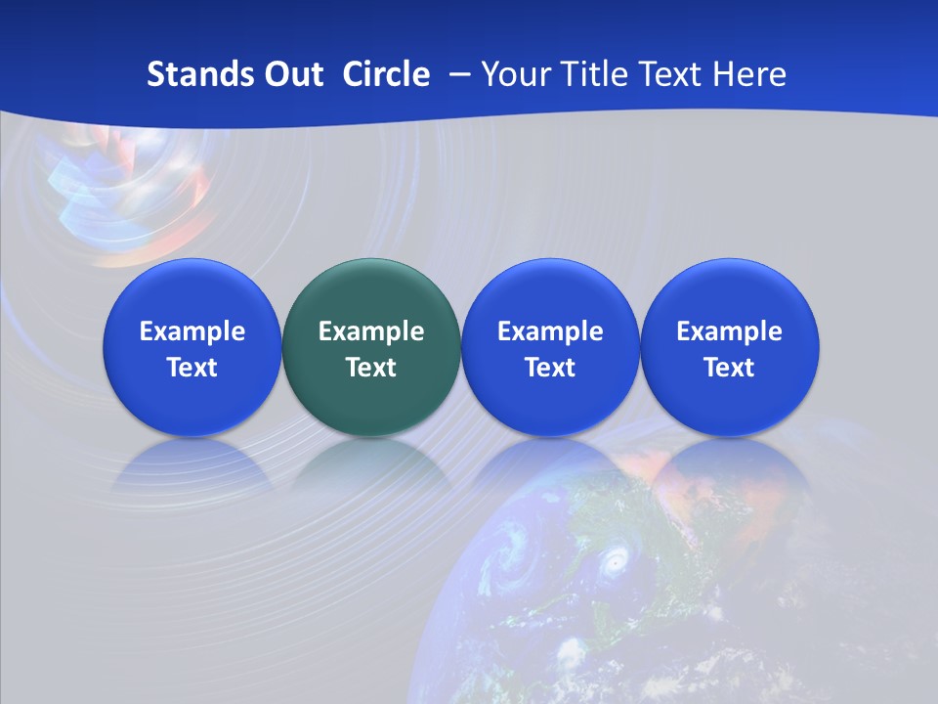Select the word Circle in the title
pyautogui.click(x=386, y=74)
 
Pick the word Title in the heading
pyautogui.click(x=593, y=74)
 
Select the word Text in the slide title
pyautogui.click(x=670, y=74)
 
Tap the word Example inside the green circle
pyautogui.click(x=371, y=331)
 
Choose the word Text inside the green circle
pyautogui.click(x=371, y=368)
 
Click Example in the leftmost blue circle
pyautogui.click(x=192, y=331)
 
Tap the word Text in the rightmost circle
pyautogui.click(x=730, y=368)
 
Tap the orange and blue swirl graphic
pyautogui.click(x=127, y=191)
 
